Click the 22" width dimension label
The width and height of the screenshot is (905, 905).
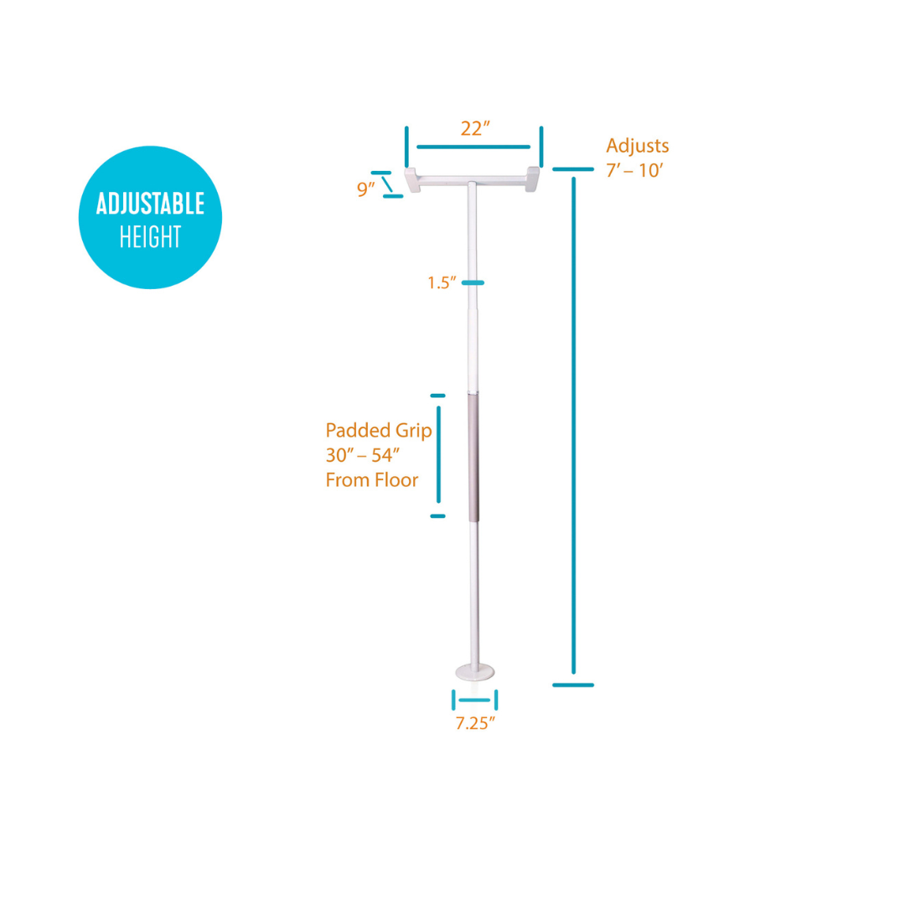pyautogui.click(x=475, y=129)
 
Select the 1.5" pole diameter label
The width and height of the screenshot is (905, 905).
pyautogui.click(x=441, y=282)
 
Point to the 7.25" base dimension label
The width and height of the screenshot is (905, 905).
pyautogui.click(x=475, y=723)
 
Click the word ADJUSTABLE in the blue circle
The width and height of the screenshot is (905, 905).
pyautogui.click(x=151, y=204)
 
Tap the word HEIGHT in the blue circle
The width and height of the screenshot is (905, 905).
pyautogui.click(x=151, y=237)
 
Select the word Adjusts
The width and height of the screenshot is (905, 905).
pyautogui.click(x=638, y=146)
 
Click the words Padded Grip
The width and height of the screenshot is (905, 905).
pyautogui.click(x=378, y=431)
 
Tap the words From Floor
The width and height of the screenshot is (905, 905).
pyautogui.click(x=372, y=480)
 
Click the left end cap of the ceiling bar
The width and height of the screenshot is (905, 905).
pyautogui.click(x=413, y=179)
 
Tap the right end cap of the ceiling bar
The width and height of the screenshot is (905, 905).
pyautogui.click(x=532, y=179)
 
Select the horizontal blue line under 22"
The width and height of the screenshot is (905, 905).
pyautogui.click(x=473, y=147)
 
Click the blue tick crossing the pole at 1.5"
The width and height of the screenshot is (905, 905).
pyautogui.click(x=473, y=283)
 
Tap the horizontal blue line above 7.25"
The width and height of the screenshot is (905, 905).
pyautogui.click(x=474, y=700)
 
